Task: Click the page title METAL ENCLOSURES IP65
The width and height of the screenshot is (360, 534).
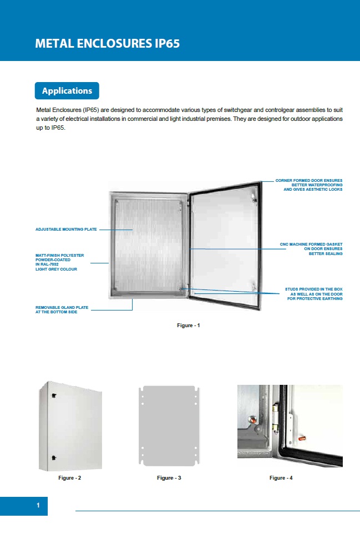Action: [107, 44]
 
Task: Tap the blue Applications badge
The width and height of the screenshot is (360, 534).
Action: [67, 90]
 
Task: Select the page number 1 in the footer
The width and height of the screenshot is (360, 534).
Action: [38, 505]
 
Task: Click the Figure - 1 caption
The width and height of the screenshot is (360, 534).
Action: [188, 325]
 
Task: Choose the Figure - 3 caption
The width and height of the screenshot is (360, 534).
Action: [169, 477]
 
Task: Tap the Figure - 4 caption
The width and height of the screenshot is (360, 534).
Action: [281, 477]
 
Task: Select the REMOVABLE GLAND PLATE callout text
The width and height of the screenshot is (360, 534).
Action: [62, 309]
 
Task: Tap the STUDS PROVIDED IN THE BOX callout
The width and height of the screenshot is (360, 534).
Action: [313, 294]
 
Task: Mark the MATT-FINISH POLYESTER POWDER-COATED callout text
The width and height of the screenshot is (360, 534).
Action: [56, 262]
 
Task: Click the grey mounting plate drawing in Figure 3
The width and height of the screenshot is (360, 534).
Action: [169, 426]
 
